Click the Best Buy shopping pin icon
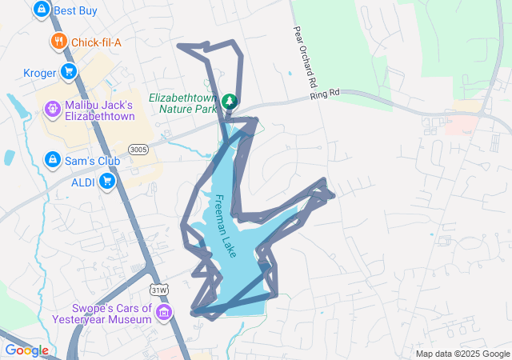41,10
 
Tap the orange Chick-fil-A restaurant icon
58,42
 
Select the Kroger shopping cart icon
68,72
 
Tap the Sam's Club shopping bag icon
52,160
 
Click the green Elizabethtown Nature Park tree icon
230,101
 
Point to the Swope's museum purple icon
165,311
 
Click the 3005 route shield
138,150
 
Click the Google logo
26,350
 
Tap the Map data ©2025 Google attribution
462,354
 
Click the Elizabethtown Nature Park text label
183,102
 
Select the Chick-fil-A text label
96,42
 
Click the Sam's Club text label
93,161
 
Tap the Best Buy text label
76,10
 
